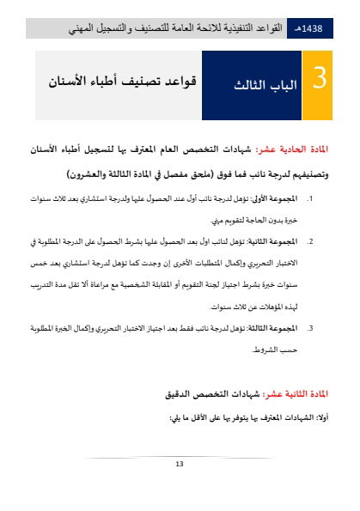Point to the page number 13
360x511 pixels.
[x=180, y=465]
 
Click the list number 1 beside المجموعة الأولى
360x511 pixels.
[x=310, y=198]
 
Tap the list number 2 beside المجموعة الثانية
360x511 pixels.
[x=310, y=241]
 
